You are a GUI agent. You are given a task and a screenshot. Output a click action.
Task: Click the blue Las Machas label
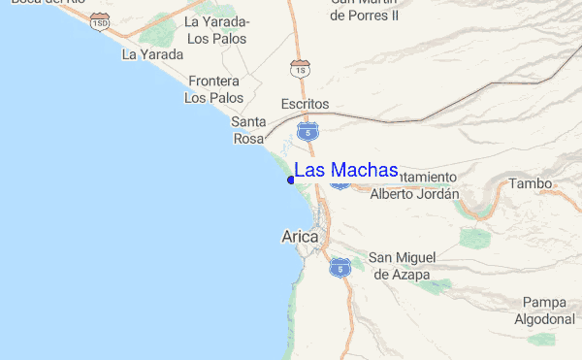click(345, 170)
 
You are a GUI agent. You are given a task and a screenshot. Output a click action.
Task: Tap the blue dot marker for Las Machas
click(291, 180)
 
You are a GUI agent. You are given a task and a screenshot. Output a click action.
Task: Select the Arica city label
click(300, 236)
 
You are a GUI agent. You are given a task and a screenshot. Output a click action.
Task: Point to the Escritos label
click(305, 104)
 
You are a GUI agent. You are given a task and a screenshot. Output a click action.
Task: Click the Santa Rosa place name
click(248, 130)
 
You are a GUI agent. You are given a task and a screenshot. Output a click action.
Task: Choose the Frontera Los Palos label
click(214, 89)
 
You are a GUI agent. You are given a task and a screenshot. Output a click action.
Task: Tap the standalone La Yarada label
click(152, 54)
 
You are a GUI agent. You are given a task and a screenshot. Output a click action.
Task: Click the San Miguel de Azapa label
click(406, 266)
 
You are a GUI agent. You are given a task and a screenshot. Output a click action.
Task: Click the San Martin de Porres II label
click(364, 10)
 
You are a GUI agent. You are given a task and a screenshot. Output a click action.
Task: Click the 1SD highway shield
click(100, 21)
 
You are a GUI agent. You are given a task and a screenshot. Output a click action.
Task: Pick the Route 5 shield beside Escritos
click(307, 130)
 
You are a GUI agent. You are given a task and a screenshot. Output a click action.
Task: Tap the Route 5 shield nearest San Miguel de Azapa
click(339, 267)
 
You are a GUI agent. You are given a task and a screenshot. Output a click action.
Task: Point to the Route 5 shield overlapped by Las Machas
click(339, 181)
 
